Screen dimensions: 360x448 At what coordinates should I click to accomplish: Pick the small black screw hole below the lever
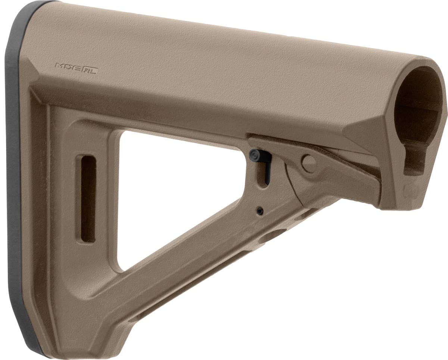[260, 211]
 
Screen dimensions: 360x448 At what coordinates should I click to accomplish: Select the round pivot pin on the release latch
[309, 163]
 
